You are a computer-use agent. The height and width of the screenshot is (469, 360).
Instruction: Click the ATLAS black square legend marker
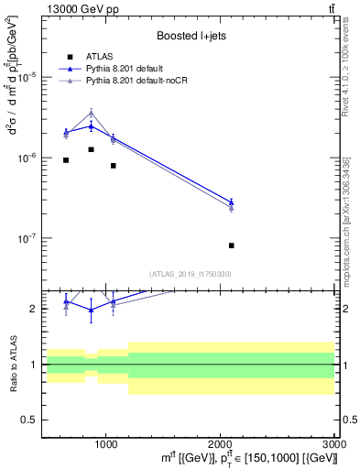pyautogui.click(x=70, y=56)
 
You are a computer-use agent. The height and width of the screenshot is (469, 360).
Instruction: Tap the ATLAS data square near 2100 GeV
pyautogui.click(x=231, y=245)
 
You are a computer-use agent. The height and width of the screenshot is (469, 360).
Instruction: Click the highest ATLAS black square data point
pyautogui.click(x=91, y=149)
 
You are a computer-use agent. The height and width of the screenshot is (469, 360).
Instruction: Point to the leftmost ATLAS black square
pyautogui.click(x=66, y=160)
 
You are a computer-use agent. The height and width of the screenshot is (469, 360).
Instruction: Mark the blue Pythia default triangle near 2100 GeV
pyautogui.click(x=231, y=202)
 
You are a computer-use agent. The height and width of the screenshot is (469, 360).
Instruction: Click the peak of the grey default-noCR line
pyautogui.click(x=91, y=113)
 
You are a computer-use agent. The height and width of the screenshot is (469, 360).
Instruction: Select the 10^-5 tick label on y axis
pyautogui.click(x=27, y=77)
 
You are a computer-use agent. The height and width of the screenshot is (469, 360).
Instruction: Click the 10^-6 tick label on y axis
pyautogui.click(x=27, y=158)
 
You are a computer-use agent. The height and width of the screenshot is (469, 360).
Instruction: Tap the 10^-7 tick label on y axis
pyautogui.click(x=27, y=238)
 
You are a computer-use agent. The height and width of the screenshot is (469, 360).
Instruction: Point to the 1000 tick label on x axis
pyautogui.click(x=106, y=443)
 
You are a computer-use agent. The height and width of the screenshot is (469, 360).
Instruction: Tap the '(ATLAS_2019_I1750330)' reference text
pyautogui.click(x=190, y=273)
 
